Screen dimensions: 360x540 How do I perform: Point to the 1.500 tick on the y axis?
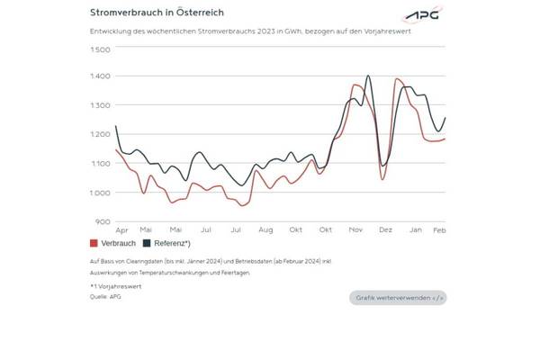(x=101, y=48)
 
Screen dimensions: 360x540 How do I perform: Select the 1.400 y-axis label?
(x=101, y=76)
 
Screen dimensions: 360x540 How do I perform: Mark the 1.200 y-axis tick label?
(x=101, y=135)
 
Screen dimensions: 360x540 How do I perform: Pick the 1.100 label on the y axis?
(x=101, y=164)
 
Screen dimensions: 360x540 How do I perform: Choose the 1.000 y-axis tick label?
(x=101, y=193)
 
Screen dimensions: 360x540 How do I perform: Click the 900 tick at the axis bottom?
(x=103, y=221)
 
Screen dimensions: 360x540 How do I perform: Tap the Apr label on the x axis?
(x=122, y=230)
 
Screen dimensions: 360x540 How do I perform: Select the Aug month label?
(x=265, y=230)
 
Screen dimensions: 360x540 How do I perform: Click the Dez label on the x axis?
(x=385, y=230)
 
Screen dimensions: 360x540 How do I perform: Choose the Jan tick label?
(x=416, y=230)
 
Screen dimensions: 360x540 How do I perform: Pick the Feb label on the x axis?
(x=441, y=230)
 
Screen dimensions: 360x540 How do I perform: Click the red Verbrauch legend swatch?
(x=94, y=244)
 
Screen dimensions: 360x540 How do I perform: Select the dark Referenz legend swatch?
(x=147, y=244)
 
